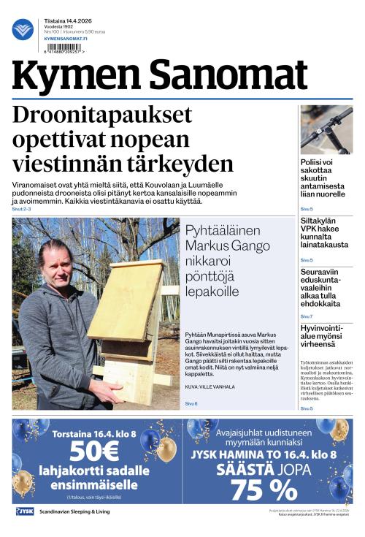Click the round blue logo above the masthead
23,29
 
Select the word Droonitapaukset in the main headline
102,116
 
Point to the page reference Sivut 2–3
22,210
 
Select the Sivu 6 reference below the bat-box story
191,403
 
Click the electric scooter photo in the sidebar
326,130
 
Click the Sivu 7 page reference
307,316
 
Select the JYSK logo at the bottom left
25,511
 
